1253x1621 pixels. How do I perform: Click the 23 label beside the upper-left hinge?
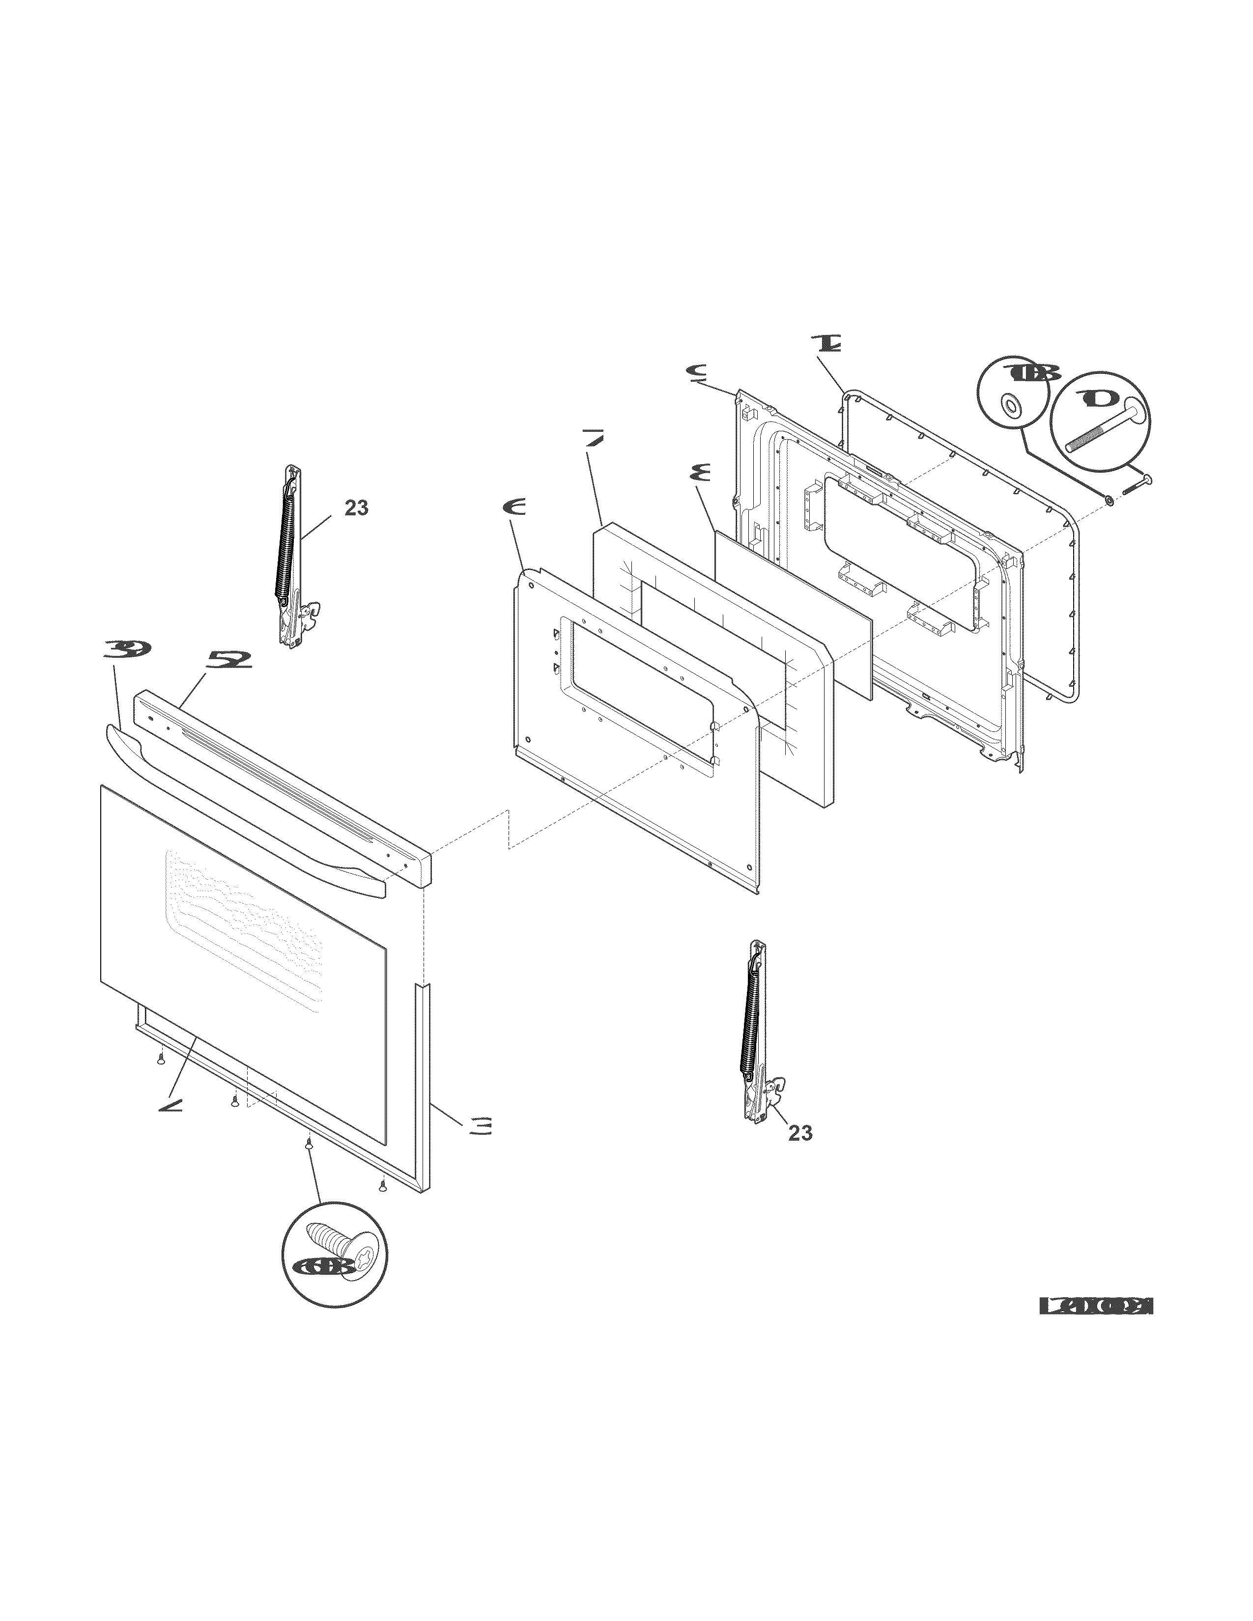coord(356,508)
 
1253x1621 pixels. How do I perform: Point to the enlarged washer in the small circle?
coord(1010,406)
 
